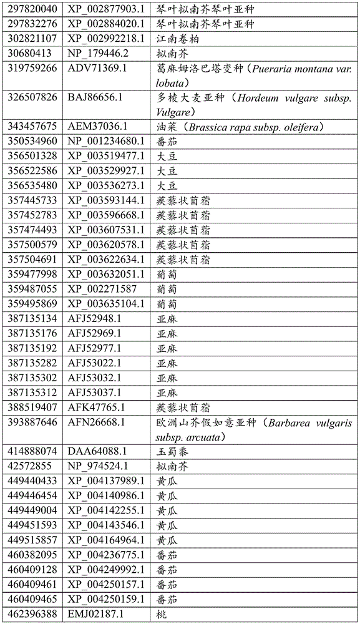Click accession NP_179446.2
pyautogui.click(x=98, y=53)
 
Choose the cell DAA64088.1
pyautogui.click(x=96, y=451)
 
